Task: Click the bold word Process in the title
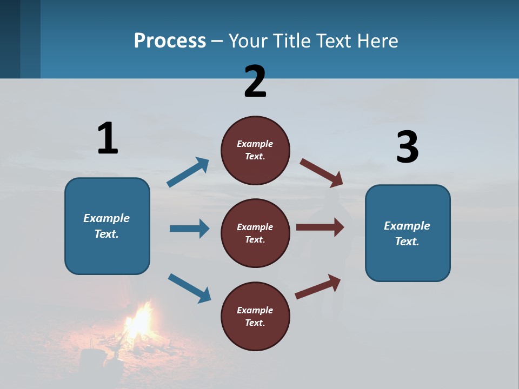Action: [x=170, y=41]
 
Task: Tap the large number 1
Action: [x=108, y=138]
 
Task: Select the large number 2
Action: [x=255, y=82]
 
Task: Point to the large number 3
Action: [x=407, y=147]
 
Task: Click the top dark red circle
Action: [x=255, y=150]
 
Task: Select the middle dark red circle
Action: [x=255, y=233]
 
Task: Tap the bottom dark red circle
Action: [x=255, y=316]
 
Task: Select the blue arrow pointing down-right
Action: [x=189, y=288]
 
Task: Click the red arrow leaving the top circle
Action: [x=322, y=173]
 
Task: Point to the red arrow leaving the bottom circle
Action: [x=318, y=286]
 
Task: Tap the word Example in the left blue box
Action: [x=107, y=218]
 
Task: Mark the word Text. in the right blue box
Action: [x=407, y=242]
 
